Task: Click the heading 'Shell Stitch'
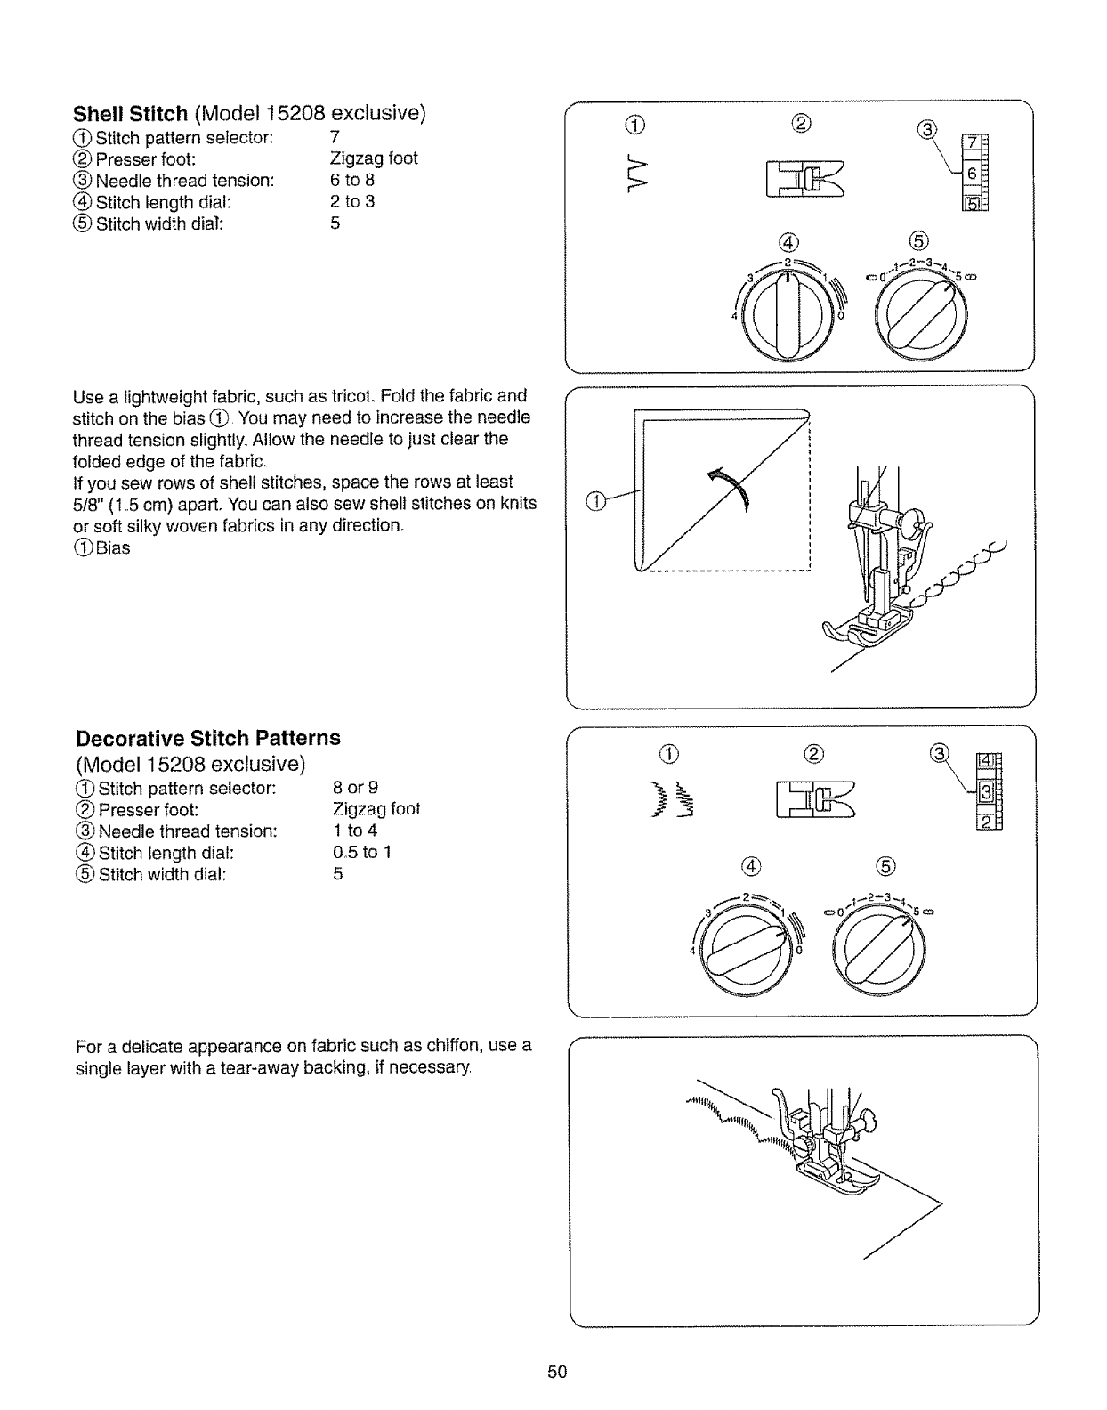(130, 114)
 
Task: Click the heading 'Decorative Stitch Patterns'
(208, 738)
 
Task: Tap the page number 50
(557, 1371)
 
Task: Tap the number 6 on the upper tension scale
(973, 174)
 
